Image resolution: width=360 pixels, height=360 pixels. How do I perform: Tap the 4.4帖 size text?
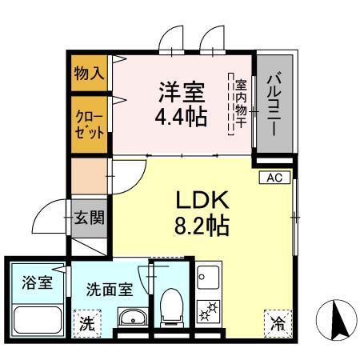182,117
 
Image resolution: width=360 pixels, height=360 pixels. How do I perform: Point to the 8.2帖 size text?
202,225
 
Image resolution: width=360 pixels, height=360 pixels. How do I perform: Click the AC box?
272,178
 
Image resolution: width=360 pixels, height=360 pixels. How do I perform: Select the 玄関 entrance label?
88,218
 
